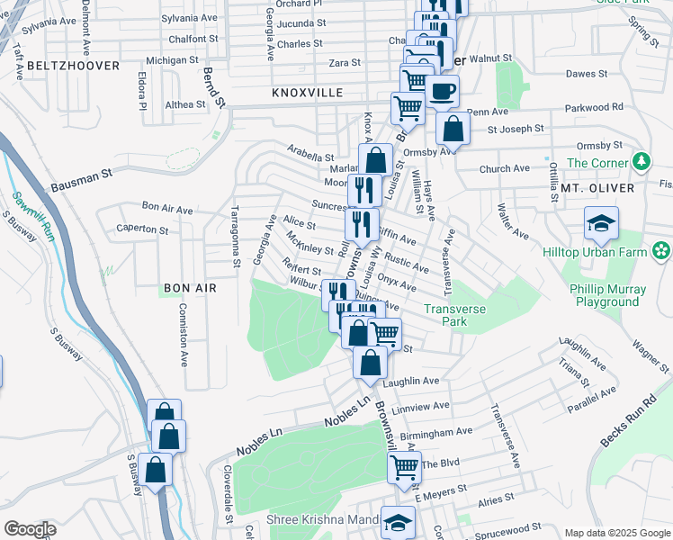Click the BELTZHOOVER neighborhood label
click(74, 66)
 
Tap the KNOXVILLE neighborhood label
click(308, 93)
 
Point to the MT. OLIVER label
click(597, 188)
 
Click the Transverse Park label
click(460, 314)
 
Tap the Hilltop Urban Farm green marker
click(662, 248)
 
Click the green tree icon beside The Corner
click(641, 162)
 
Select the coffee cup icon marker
click(442, 91)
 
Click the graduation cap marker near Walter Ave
click(601, 221)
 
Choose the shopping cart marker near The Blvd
click(404, 467)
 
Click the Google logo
click(30, 529)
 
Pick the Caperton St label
click(142, 229)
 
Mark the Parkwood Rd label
click(592, 107)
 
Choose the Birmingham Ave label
click(438, 433)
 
